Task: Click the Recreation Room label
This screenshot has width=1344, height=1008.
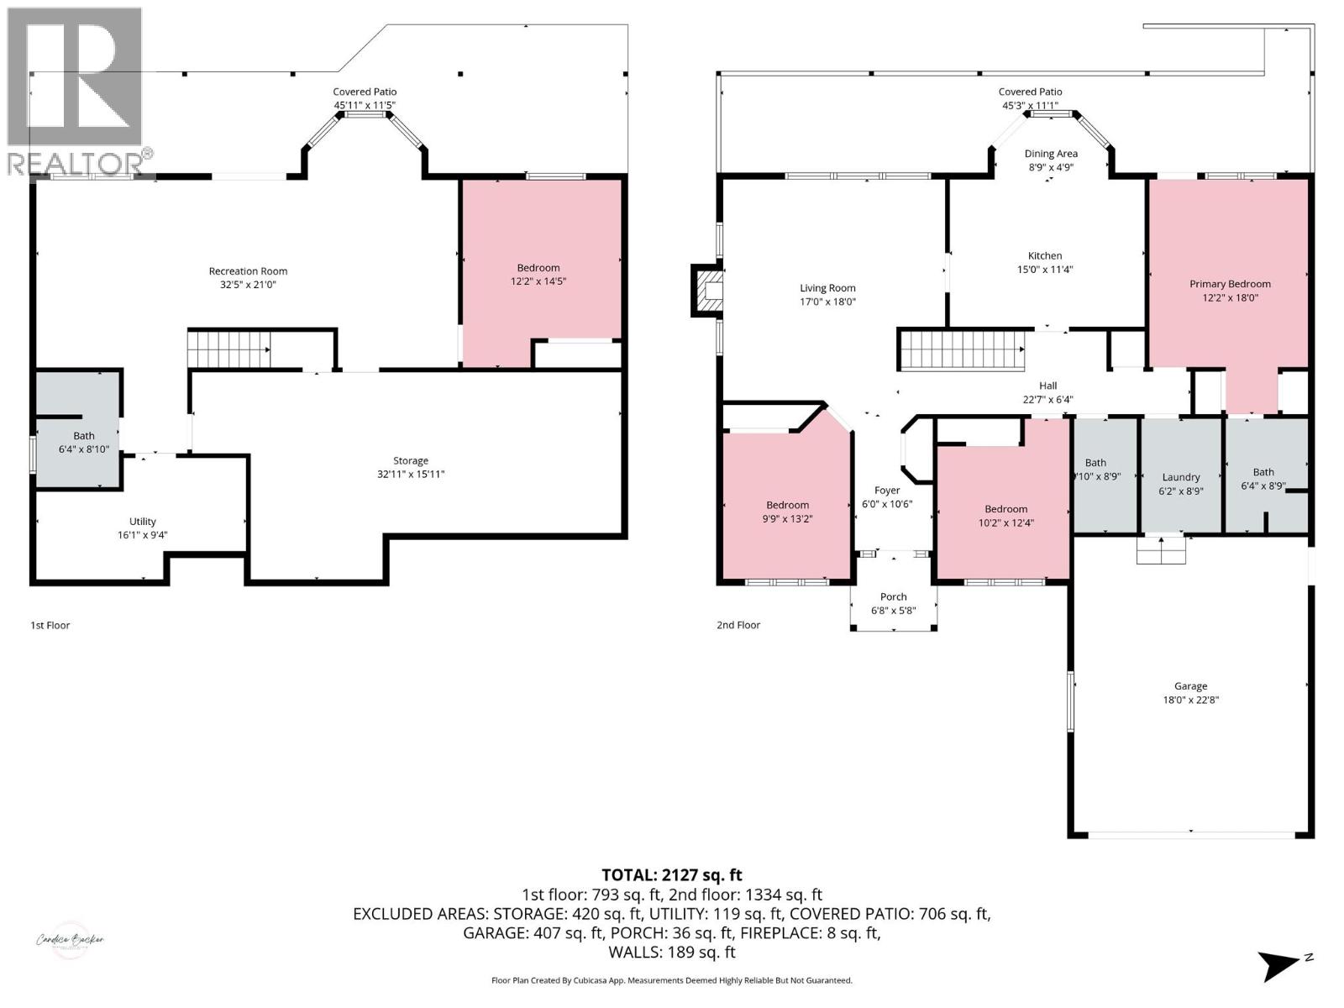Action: tap(248, 271)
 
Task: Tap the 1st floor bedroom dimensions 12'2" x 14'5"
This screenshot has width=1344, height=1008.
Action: tap(538, 281)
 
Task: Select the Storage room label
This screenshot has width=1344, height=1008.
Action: tap(410, 460)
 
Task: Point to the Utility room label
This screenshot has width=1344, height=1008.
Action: tap(143, 522)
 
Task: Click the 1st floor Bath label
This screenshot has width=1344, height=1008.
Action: tap(84, 436)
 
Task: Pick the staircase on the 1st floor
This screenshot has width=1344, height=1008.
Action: tap(228, 349)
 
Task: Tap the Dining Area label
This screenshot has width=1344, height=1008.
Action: tap(1050, 154)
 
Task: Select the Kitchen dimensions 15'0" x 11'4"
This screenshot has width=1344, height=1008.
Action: tap(1044, 270)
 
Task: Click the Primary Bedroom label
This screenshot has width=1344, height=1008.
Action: tap(1230, 284)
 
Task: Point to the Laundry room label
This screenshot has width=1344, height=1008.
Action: tap(1180, 477)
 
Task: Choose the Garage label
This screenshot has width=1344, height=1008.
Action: tap(1190, 686)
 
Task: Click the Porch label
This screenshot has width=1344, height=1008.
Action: tap(893, 597)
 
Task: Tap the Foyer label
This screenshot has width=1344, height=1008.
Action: tap(887, 491)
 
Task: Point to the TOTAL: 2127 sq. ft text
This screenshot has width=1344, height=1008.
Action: tap(671, 875)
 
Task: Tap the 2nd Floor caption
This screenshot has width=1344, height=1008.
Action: tap(738, 625)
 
